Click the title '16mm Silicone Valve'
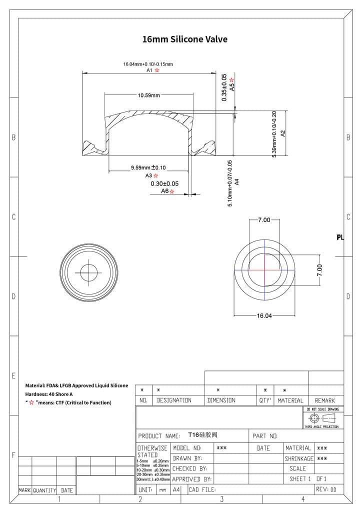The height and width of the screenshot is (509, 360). pyautogui.click(x=185, y=39)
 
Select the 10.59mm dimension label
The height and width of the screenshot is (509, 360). pyautogui.click(x=148, y=95)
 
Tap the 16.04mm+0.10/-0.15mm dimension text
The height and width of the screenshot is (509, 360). pyautogui.click(x=148, y=64)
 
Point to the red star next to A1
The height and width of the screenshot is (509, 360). pyautogui.click(x=157, y=70)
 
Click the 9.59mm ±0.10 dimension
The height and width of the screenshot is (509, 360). pyautogui.click(x=148, y=167)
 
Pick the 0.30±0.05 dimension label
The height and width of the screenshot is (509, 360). pyautogui.click(x=164, y=183)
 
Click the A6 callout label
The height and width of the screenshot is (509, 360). pyautogui.click(x=164, y=191)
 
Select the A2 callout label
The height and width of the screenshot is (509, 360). pyautogui.click(x=283, y=133)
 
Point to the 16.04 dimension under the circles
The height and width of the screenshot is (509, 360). pyautogui.click(x=264, y=315)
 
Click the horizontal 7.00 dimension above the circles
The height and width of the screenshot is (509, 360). pyautogui.click(x=264, y=220)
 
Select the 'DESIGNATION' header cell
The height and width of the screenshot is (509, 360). pyautogui.click(x=174, y=400)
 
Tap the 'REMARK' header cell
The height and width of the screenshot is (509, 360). pyautogui.click(x=325, y=400)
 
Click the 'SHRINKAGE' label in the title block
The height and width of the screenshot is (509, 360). pyautogui.click(x=299, y=458)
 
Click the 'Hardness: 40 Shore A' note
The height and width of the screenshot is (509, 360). pyautogui.click(x=49, y=394)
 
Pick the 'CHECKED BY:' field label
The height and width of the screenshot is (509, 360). pyautogui.click(x=189, y=468)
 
